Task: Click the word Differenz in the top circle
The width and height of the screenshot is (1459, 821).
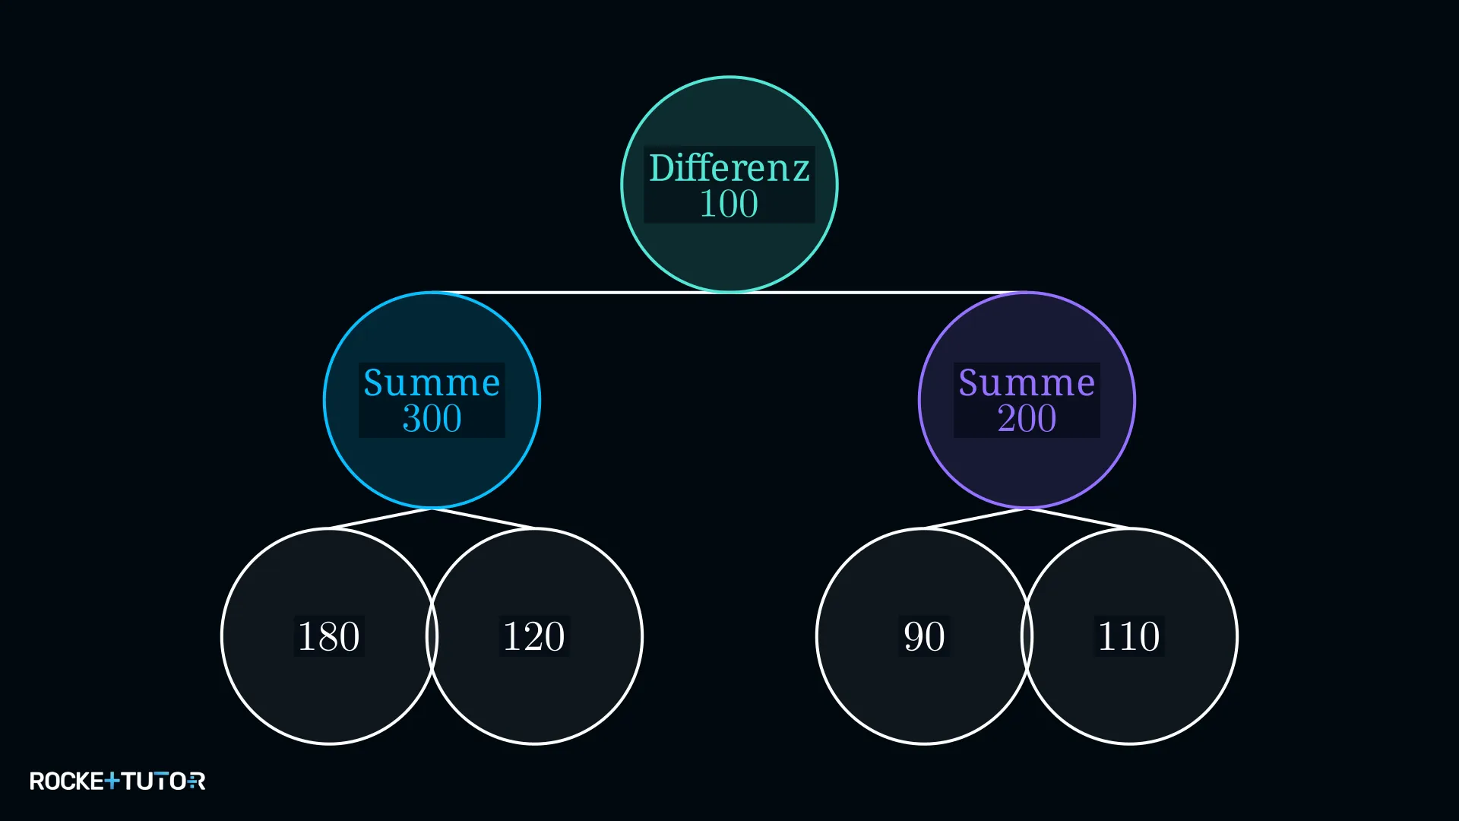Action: [729, 167]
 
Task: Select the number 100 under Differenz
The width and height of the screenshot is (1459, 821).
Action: [729, 204]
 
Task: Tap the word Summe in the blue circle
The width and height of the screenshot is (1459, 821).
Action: [432, 382]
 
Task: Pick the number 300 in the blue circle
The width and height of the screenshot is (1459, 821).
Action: [432, 419]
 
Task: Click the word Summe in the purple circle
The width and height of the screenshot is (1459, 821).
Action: [1027, 382]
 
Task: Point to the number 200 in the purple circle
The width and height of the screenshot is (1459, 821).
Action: [1027, 419]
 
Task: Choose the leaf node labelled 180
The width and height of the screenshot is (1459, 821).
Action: [329, 636]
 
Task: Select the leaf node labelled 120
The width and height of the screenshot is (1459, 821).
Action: [535, 636]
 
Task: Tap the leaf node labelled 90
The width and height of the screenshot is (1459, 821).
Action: [924, 636]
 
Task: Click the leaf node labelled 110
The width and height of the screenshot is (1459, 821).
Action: [1130, 636]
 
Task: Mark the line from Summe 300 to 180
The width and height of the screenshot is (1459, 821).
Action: [380, 518]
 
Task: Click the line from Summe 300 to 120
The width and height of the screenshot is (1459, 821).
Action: [483, 518]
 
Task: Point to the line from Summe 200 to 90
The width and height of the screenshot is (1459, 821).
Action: [975, 518]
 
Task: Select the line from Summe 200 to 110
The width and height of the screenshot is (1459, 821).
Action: [1078, 518]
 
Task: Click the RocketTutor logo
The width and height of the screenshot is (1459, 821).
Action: [117, 781]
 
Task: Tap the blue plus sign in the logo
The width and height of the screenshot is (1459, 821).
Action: [112, 781]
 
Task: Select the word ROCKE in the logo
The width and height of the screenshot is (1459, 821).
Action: [66, 781]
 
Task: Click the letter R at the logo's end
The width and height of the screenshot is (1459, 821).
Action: [197, 781]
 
